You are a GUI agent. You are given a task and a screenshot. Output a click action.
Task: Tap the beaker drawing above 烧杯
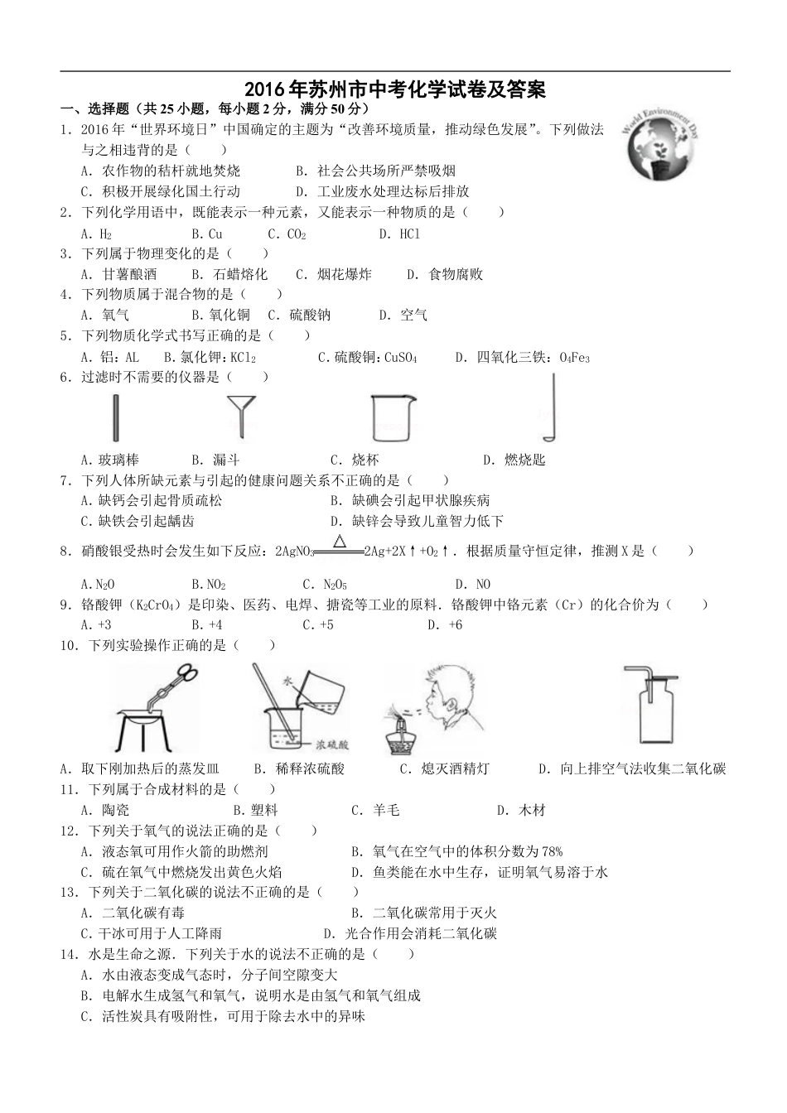pos(389,417)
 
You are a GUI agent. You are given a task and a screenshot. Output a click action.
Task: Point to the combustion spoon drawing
pos(548,408)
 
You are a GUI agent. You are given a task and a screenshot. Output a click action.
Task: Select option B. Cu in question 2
pos(207,234)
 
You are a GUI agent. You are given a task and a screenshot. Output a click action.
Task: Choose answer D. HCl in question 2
pos(399,234)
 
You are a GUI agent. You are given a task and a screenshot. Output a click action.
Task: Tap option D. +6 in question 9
pos(445,625)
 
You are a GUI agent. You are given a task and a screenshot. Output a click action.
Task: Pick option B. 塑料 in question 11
pos(255,811)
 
